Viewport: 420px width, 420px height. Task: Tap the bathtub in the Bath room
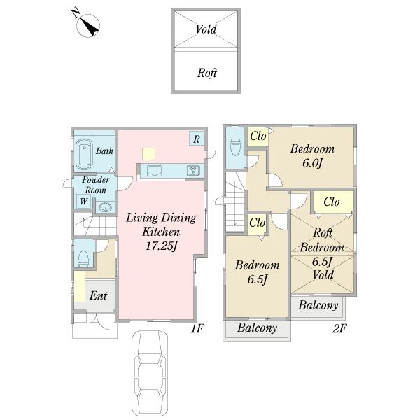[x=84, y=155]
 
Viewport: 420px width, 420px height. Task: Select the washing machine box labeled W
[x=83, y=201]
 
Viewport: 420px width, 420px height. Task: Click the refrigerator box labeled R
[x=196, y=139]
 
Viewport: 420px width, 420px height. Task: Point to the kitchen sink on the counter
[x=154, y=171]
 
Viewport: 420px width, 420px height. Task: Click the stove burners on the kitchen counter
[x=193, y=171]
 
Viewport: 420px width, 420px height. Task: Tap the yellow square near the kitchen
[x=148, y=154]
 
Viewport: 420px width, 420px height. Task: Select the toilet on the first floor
[x=83, y=259]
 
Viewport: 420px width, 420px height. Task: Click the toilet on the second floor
[x=235, y=147]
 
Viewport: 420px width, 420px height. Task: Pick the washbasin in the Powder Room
[x=105, y=207]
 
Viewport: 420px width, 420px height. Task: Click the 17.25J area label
[x=161, y=246]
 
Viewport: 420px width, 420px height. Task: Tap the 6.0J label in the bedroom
[x=312, y=163]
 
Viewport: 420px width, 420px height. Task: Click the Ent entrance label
[x=98, y=295]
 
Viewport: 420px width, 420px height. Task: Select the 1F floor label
[x=197, y=328]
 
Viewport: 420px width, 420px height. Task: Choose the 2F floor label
[x=339, y=328]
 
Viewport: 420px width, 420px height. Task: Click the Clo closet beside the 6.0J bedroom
[x=258, y=136]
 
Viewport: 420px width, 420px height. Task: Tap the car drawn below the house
[x=150, y=374]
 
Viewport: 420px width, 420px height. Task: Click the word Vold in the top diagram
[x=206, y=29]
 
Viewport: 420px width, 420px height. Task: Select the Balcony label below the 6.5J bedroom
[x=257, y=328]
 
